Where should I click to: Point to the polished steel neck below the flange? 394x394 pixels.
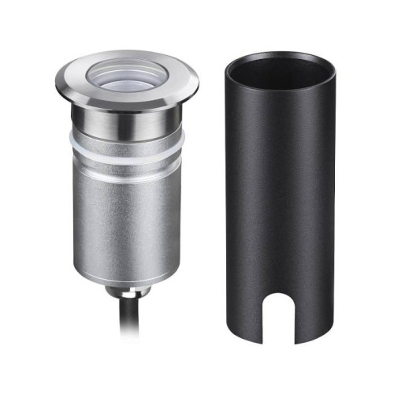pyautogui.click(x=126, y=119)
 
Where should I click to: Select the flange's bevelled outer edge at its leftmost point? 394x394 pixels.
pyautogui.click(x=58, y=82)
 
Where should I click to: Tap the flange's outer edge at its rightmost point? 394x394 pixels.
pyautogui.click(x=197, y=82)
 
